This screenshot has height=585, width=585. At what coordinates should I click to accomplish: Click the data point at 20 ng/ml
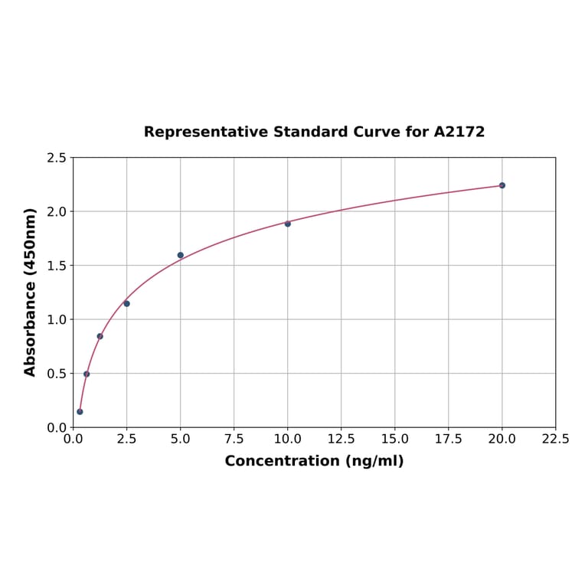pyautogui.click(x=502, y=185)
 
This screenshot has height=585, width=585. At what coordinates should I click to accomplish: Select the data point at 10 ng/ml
pyautogui.click(x=288, y=224)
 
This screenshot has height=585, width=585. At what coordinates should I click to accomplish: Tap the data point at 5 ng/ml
pyautogui.click(x=181, y=255)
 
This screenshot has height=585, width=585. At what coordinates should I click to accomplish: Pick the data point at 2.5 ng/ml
pyautogui.click(x=126, y=303)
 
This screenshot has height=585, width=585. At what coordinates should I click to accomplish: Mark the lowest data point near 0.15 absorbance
pyautogui.click(x=80, y=411)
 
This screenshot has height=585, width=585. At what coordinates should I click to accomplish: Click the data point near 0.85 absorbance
pyautogui.click(x=100, y=336)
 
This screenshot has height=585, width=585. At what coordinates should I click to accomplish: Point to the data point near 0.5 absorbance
pyautogui.click(x=87, y=374)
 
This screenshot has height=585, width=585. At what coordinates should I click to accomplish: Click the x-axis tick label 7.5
pyautogui.click(x=234, y=440)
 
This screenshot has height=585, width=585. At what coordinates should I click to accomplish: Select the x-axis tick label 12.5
pyautogui.click(x=341, y=440)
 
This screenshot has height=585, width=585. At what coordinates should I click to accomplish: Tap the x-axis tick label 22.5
pyautogui.click(x=555, y=440)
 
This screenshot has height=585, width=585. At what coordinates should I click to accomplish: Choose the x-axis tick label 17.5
pyautogui.click(x=448, y=440)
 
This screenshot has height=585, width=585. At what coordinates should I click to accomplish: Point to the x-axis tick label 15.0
pyautogui.click(x=394, y=440)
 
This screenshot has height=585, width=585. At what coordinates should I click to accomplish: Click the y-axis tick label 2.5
pyautogui.click(x=57, y=158)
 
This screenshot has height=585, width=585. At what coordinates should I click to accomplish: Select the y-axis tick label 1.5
pyautogui.click(x=57, y=266)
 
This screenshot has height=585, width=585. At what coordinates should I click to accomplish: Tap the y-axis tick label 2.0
pyautogui.click(x=57, y=211)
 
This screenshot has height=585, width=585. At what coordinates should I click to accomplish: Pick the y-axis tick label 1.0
pyautogui.click(x=57, y=319)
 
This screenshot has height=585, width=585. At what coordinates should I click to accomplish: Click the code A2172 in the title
pyautogui.click(x=459, y=132)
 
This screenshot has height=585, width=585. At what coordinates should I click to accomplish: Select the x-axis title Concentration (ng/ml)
pyautogui.click(x=314, y=461)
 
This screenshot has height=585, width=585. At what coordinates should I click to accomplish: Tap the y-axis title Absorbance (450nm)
pyautogui.click(x=31, y=292)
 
